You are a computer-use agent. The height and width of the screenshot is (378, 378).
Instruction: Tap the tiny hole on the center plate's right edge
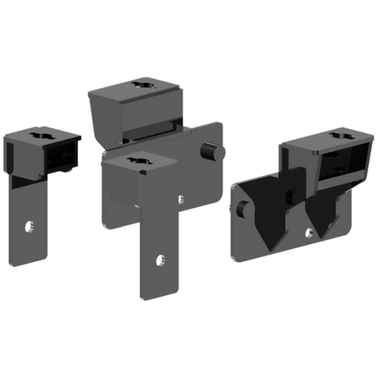tap(182, 196)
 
